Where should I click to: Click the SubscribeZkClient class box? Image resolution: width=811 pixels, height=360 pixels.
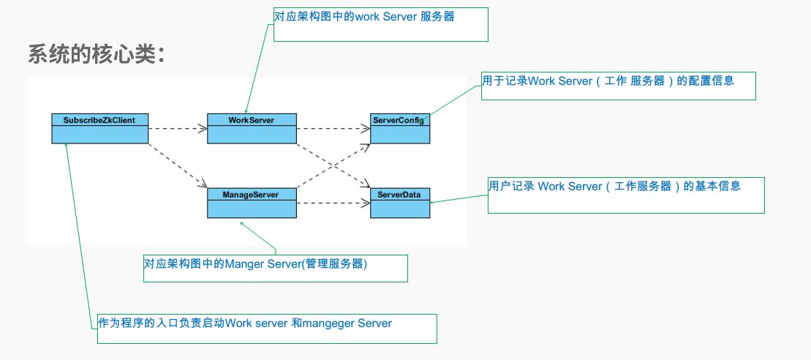[x=99, y=128]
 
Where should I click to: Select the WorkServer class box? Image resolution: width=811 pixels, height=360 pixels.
[x=252, y=128]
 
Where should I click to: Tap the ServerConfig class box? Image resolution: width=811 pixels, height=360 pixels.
[x=400, y=128]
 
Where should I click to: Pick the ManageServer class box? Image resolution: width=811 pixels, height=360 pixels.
[x=252, y=203]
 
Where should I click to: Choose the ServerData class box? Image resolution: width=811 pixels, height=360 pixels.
[x=400, y=203]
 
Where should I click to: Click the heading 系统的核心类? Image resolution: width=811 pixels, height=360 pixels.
[x=96, y=55]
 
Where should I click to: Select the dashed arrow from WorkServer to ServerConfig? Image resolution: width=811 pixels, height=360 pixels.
[x=333, y=129]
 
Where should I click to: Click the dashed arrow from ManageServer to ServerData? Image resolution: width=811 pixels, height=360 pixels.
[x=333, y=203]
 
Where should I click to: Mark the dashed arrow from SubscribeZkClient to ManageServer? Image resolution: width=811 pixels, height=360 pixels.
[x=176, y=165]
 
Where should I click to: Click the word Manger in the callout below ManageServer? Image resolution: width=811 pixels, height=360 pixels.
[x=242, y=264]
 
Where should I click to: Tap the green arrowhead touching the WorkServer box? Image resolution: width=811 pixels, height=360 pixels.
[x=246, y=110]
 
